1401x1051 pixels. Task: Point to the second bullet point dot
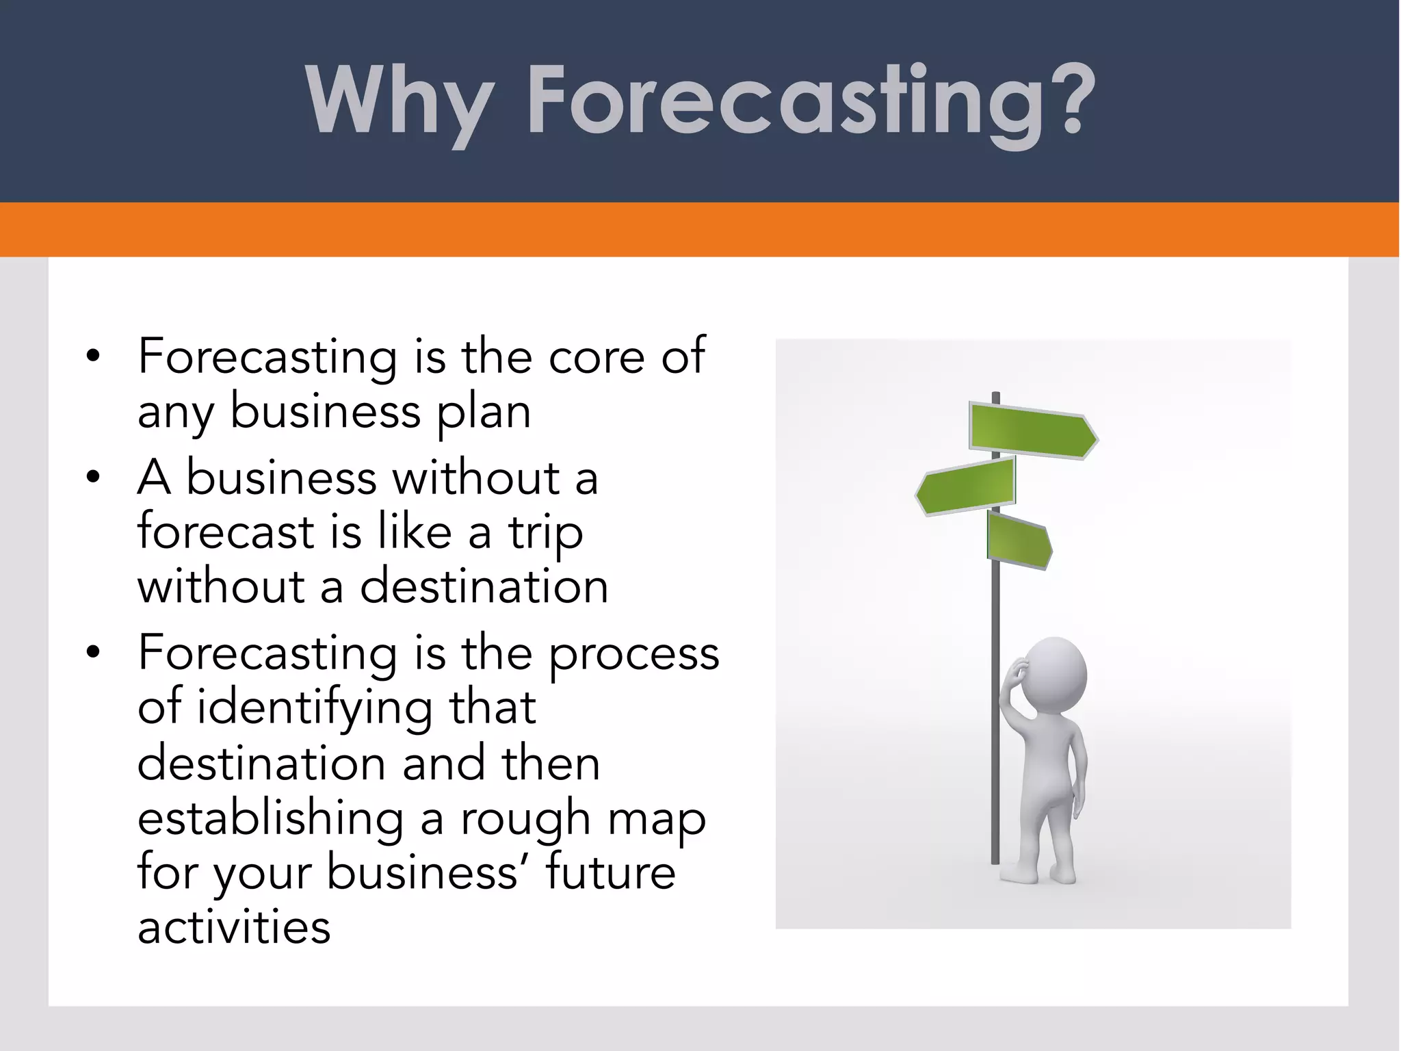[94, 477]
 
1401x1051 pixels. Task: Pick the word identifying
[315, 708]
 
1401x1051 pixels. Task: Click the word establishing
[270, 818]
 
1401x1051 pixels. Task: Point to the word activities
[234, 928]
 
